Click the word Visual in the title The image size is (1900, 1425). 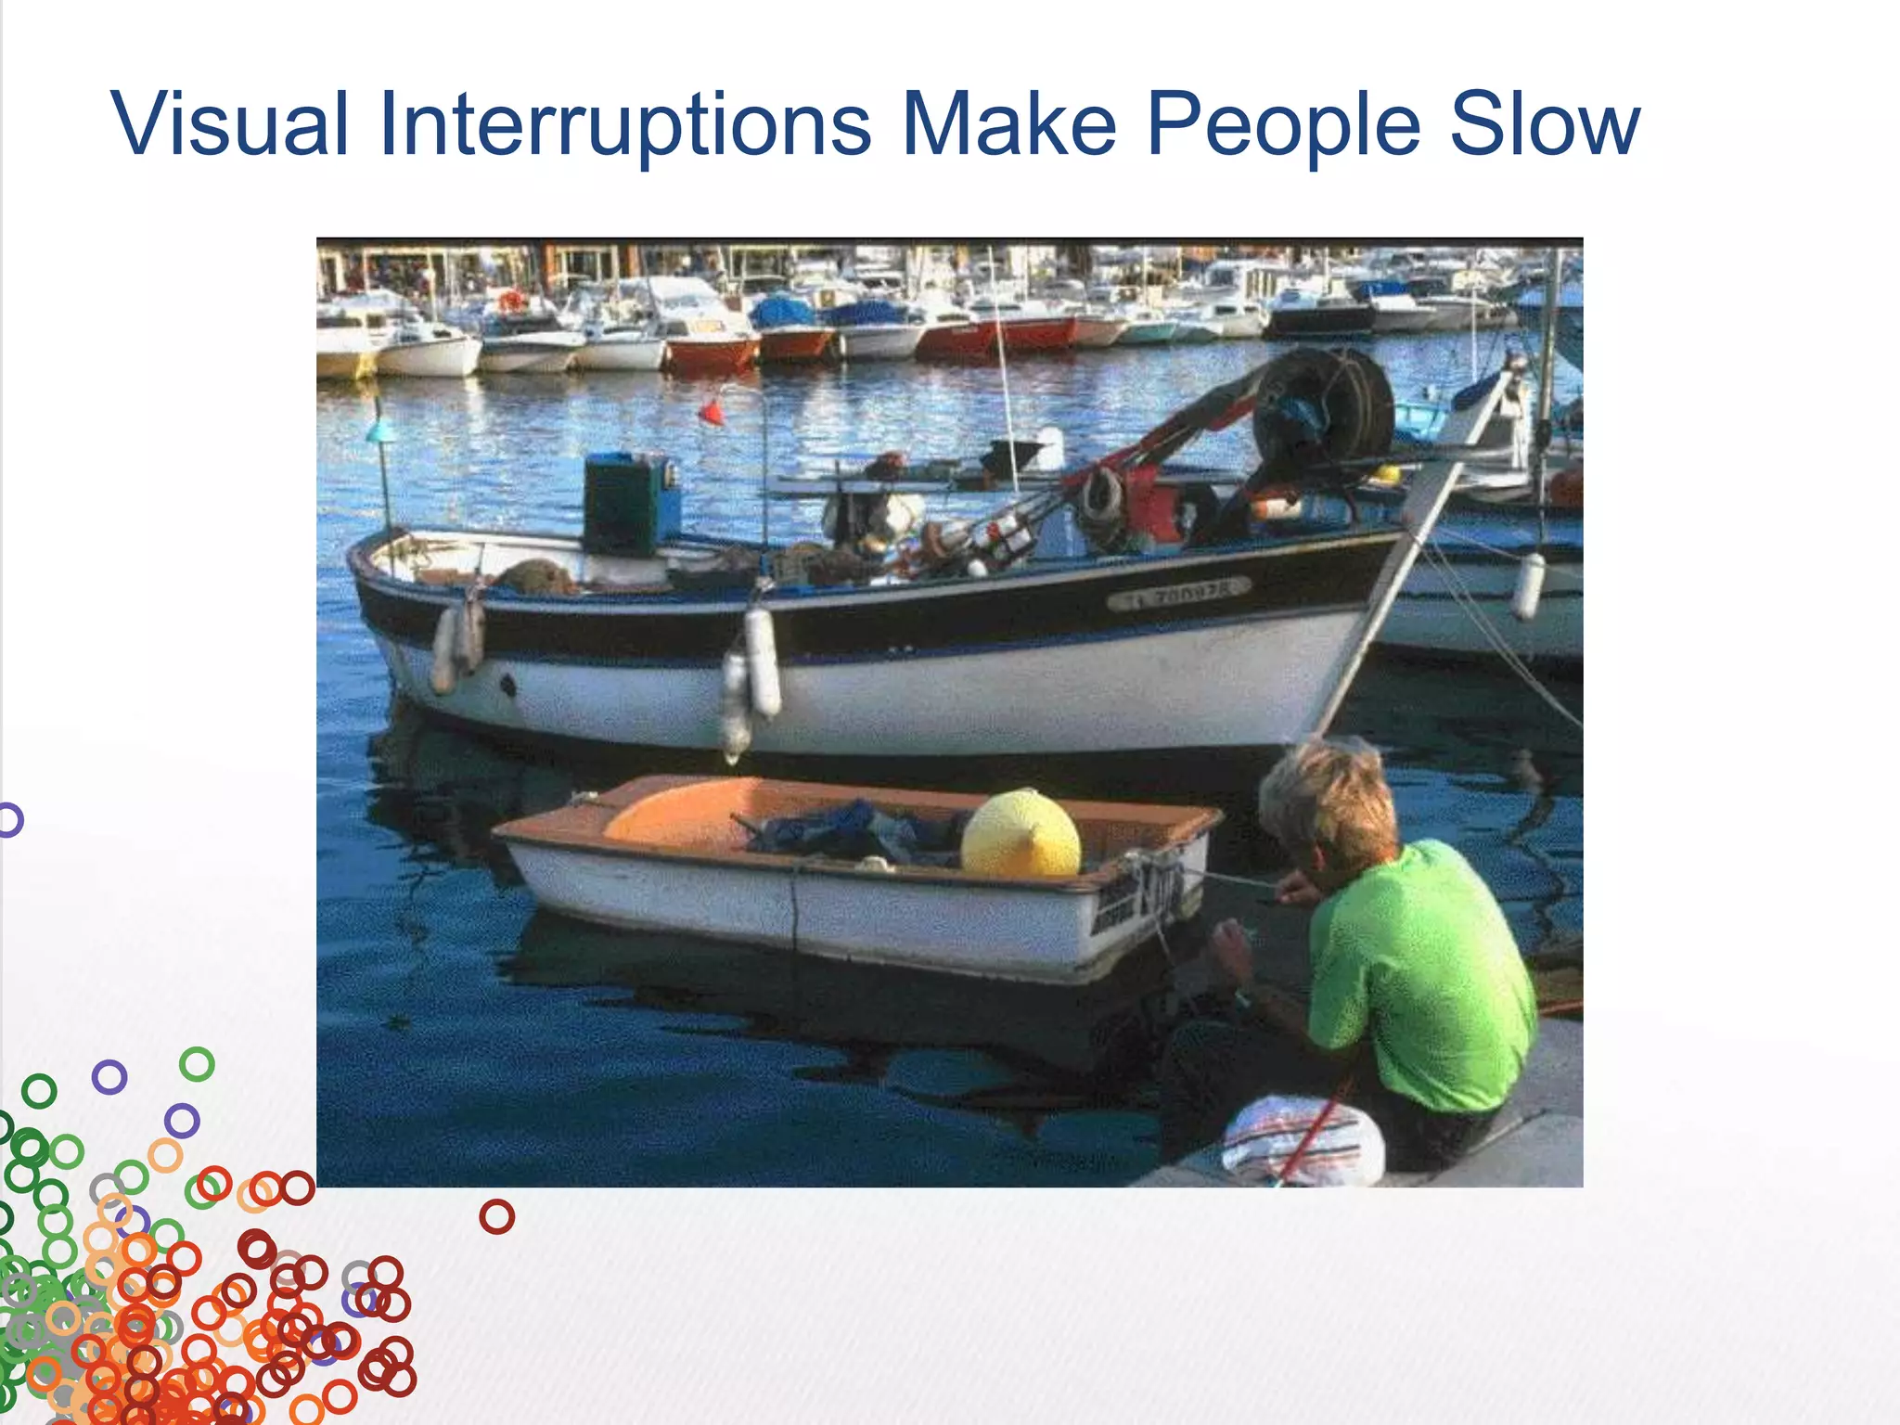click(230, 123)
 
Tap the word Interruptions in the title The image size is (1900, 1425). click(624, 123)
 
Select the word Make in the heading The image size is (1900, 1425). click(1009, 123)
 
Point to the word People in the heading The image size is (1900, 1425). click(1283, 123)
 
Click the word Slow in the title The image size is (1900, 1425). click(1545, 123)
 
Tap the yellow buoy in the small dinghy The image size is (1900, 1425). click(1021, 834)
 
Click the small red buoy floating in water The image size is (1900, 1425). click(712, 411)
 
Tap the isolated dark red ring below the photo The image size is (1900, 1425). click(496, 1215)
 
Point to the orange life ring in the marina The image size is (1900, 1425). click(511, 301)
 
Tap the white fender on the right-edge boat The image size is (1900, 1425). click(1527, 585)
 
